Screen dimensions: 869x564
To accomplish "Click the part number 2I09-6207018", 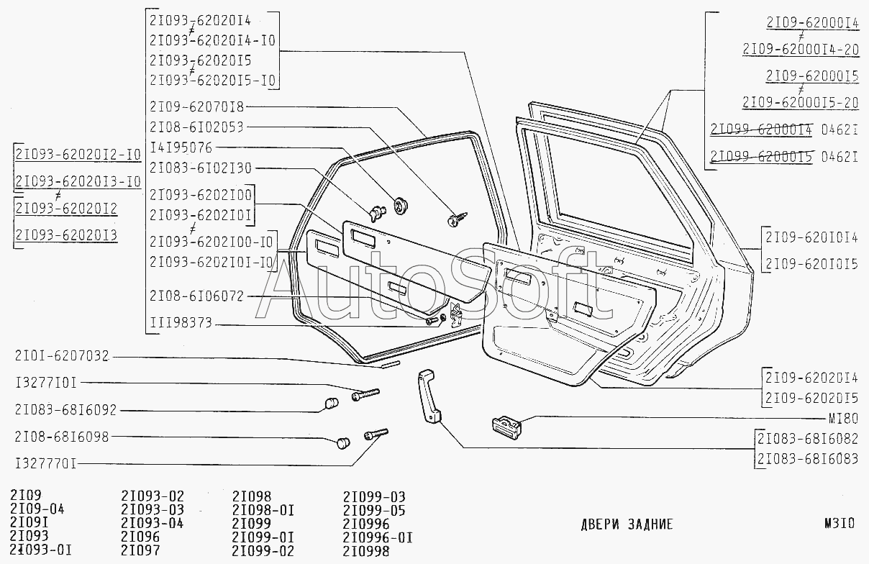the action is tap(196, 106).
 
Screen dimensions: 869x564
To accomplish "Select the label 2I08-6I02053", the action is tap(196, 127).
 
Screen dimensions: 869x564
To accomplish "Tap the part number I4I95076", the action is tap(181, 147).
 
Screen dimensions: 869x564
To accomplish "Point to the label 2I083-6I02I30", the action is tap(201, 168).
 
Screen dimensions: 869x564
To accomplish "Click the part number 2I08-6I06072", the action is tap(196, 296).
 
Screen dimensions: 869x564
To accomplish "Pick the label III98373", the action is tap(181, 323).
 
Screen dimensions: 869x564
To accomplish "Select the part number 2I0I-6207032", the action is tap(62, 356).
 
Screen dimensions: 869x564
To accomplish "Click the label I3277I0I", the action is tap(46, 383).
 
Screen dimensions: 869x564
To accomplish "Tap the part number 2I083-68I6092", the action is tap(65, 410).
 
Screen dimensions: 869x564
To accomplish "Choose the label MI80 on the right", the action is tap(843, 419).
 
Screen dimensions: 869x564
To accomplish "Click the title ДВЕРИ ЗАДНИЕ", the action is tap(627, 524).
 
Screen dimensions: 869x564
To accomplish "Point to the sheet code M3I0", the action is tap(840, 524).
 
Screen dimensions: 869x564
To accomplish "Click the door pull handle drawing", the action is tap(429, 396).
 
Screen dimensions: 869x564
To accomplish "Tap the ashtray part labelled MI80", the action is tap(506, 427).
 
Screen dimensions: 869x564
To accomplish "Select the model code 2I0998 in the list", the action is tap(366, 551).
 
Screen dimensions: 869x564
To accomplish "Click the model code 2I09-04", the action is tap(37, 509).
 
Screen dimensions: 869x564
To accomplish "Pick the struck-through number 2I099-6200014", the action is tap(761, 129).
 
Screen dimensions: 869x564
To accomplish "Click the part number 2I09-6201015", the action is tap(811, 265).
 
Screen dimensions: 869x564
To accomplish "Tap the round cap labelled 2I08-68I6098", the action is tap(342, 442).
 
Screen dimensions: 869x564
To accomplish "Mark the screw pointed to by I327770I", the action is tap(376, 434).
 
